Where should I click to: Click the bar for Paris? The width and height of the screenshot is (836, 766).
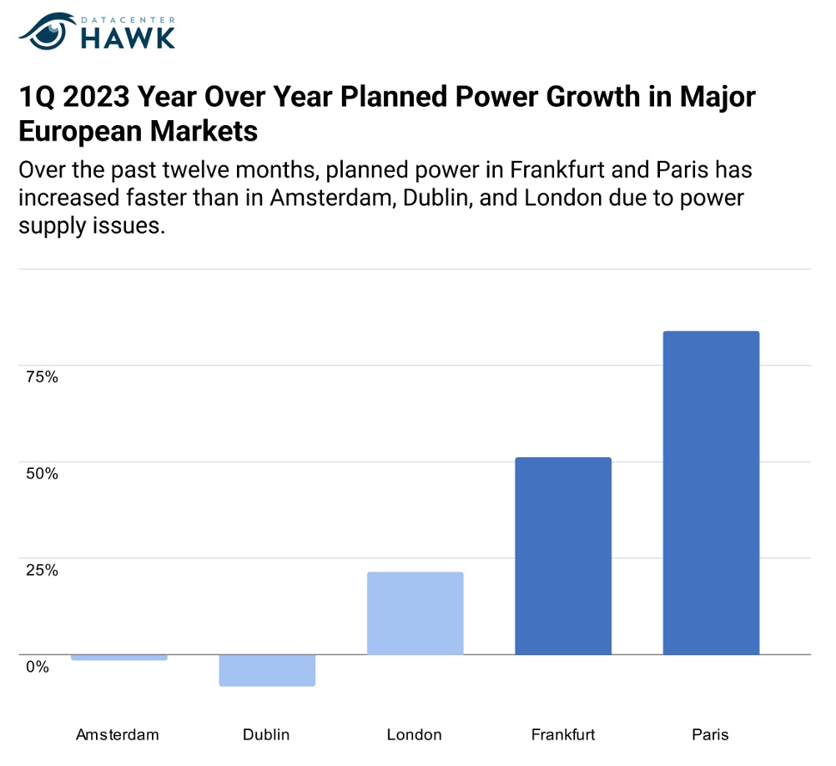[711, 492]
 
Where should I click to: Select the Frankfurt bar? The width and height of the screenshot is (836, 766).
[563, 556]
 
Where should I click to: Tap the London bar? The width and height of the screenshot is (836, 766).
[415, 612]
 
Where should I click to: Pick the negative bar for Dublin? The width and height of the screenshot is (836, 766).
[267, 670]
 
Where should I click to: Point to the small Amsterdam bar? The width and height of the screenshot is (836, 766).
[119, 658]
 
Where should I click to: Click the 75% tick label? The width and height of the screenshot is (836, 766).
[41, 377]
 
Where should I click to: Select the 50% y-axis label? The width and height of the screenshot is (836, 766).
[41, 474]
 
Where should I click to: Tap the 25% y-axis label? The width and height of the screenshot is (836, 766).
[41, 571]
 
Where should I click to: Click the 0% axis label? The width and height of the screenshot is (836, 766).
[37, 667]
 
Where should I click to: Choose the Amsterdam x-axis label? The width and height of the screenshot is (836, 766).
[118, 735]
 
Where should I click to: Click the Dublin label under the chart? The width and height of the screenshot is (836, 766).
[266, 735]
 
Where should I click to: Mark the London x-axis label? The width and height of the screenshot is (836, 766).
[414, 735]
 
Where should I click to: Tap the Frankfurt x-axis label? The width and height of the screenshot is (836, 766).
[563, 735]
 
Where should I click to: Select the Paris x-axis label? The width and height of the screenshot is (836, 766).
[710, 735]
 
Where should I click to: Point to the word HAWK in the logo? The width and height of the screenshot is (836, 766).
[128, 37]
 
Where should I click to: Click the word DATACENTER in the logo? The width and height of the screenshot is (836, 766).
[127, 17]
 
